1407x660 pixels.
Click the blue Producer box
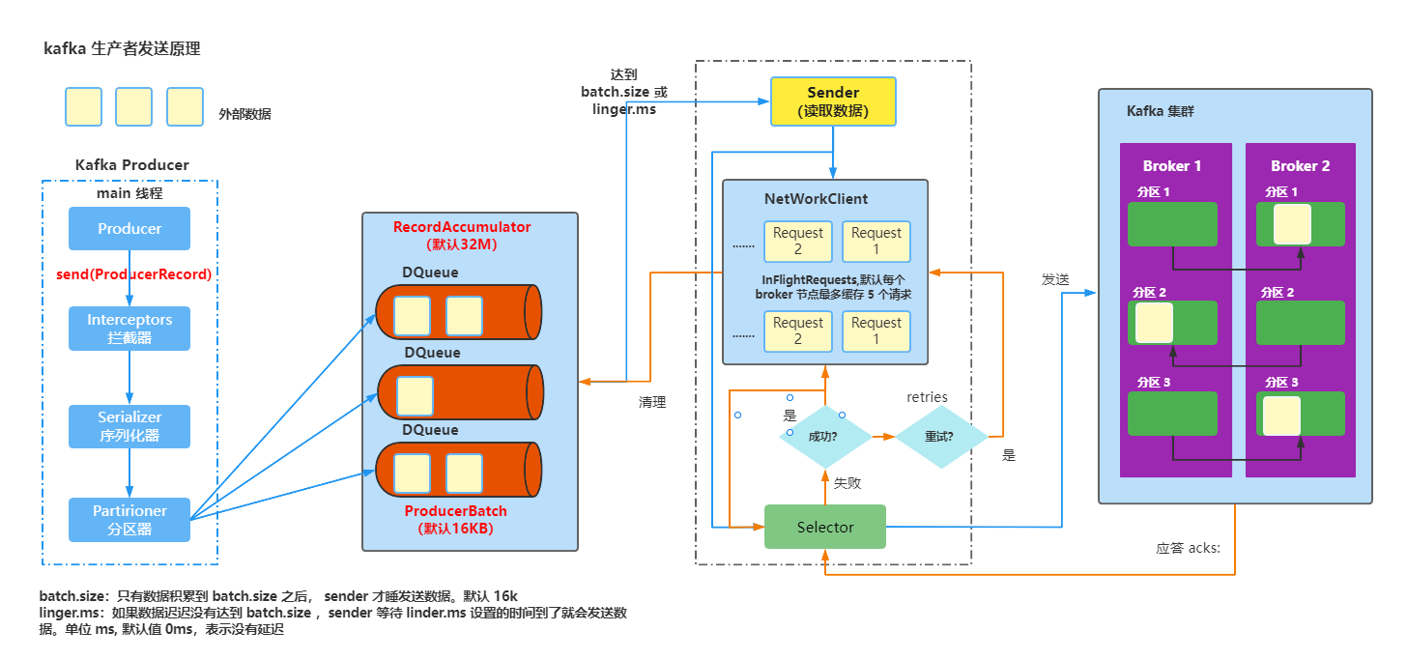coord(129,229)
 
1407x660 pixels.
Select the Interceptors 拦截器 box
coord(129,329)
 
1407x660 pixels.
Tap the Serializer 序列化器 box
coord(129,426)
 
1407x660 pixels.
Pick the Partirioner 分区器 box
coord(129,520)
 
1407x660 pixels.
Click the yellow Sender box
coord(833,101)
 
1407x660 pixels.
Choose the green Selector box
coord(825,527)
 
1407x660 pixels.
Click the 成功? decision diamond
coord(823,436)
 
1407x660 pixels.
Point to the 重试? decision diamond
coord(939,436)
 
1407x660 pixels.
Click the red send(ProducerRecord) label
coord(133,274)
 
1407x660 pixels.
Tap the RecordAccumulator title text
coord(462,227)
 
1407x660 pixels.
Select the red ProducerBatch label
coord(455,511)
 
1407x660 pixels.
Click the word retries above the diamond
coord(927,397)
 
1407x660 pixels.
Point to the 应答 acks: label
coord(1188,548)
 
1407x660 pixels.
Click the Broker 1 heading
coord(1172,166)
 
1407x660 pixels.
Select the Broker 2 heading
coord(1300,166)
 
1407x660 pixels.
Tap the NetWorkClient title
coord(816,199)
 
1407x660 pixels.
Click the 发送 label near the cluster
coord(1055,279)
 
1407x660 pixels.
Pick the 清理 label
coord(652,402)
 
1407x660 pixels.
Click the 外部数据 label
coord(244,114)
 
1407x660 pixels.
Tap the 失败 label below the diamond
coord(847,482)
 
